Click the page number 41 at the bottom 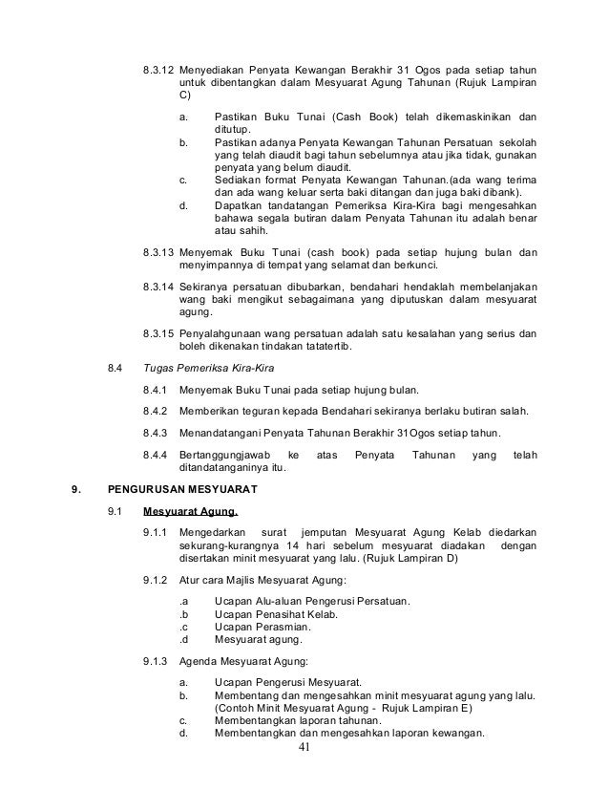(304, 747)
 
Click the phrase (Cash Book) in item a (359, 117)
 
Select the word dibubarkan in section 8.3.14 (297, 287)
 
